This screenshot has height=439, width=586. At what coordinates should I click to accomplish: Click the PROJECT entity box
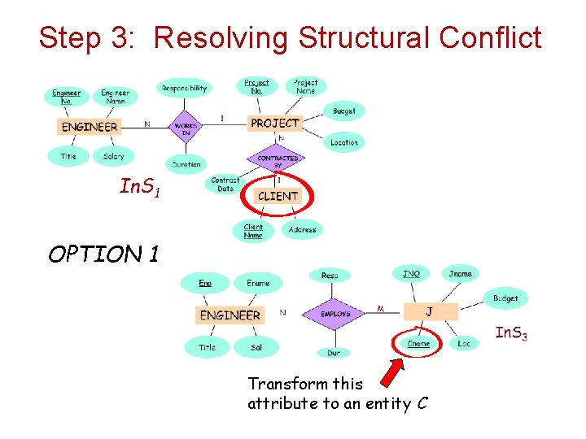tap(274, 123)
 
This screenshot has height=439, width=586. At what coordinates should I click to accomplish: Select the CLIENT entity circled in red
tap(278, 196)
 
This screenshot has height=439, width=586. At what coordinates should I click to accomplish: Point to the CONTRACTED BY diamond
tap(278, 161)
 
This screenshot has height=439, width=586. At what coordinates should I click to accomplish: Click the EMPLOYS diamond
tap(335, 314)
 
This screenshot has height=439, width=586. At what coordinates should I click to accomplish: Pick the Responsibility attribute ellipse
tap(184, 89)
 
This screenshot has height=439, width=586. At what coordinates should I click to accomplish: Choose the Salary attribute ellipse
tap(114, 156)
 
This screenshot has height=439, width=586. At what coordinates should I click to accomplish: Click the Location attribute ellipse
tap(344, 142)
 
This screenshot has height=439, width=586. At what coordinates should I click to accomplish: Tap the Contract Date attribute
tap(225, 185)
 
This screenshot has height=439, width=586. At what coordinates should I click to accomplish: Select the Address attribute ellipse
tap(302, 230)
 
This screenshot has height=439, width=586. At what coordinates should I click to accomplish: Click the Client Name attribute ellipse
tap(253, 231)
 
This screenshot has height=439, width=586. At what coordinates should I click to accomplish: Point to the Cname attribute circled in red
tap(418, 344)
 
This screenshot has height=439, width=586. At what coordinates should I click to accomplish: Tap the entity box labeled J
tap(430, 312)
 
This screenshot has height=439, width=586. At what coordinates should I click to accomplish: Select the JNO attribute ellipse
tap(411, 274)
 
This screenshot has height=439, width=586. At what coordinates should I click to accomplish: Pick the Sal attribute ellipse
tap(256, 347)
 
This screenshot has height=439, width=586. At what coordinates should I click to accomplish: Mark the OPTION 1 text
tap(103, 255)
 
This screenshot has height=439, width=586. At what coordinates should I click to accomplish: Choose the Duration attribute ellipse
tap(186, 163)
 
